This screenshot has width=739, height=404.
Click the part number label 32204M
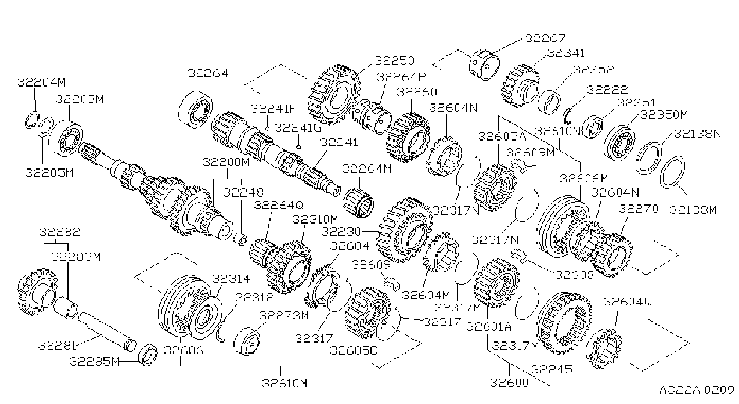click(41, 82)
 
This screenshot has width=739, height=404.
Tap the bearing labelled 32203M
click(66, 138)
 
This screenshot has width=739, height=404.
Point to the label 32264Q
click(278, 205)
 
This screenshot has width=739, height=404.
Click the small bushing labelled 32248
click(240, 239)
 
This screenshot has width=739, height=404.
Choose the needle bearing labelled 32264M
click(358, 203)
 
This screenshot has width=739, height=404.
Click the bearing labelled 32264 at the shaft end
click(195, 109)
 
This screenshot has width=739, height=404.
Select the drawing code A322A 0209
click(697, 390)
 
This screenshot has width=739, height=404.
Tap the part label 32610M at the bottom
click(284, 383)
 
